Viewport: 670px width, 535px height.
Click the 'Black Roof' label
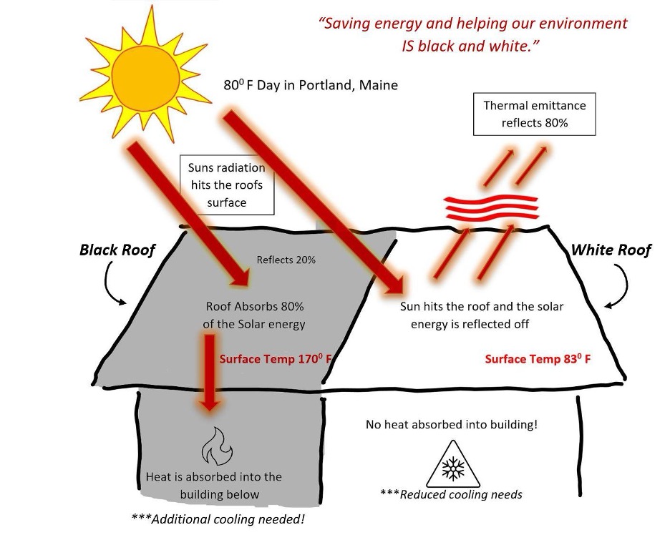click(x=117, y=250)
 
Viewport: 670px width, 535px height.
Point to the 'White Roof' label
click(x=611, y=250)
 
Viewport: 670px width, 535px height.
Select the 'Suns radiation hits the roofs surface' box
click(x=226, y=185)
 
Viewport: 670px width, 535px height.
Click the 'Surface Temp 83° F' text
click(x=538, y=359)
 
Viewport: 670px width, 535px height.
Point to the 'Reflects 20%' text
click(x=286, y=260)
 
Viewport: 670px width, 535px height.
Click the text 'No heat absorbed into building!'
click(x=451, y=424)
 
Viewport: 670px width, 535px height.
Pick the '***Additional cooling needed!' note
click(x=218, y=519)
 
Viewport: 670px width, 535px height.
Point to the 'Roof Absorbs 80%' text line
click(x=255, y=307)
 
